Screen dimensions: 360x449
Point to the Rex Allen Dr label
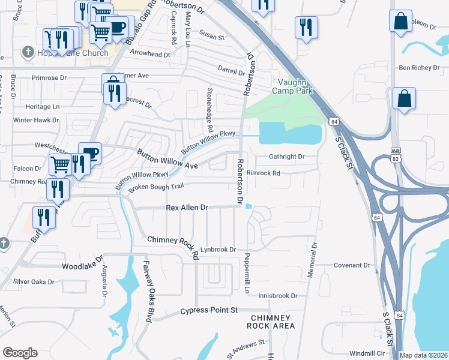tap(187, 207)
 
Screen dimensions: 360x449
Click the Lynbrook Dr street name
tap(219, 249)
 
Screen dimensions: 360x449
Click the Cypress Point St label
tap(209, 310)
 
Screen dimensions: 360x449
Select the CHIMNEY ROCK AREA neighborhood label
tap(272, 322)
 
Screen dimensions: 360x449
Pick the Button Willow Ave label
tap(167, 161)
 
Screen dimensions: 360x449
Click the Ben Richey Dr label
tap(419, 68)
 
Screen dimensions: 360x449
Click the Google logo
tap(19, 352)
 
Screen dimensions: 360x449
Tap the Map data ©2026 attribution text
tap(423, 355)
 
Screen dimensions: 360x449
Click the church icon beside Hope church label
tap(27, 52)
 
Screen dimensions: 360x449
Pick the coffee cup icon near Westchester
tap(90, 153)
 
